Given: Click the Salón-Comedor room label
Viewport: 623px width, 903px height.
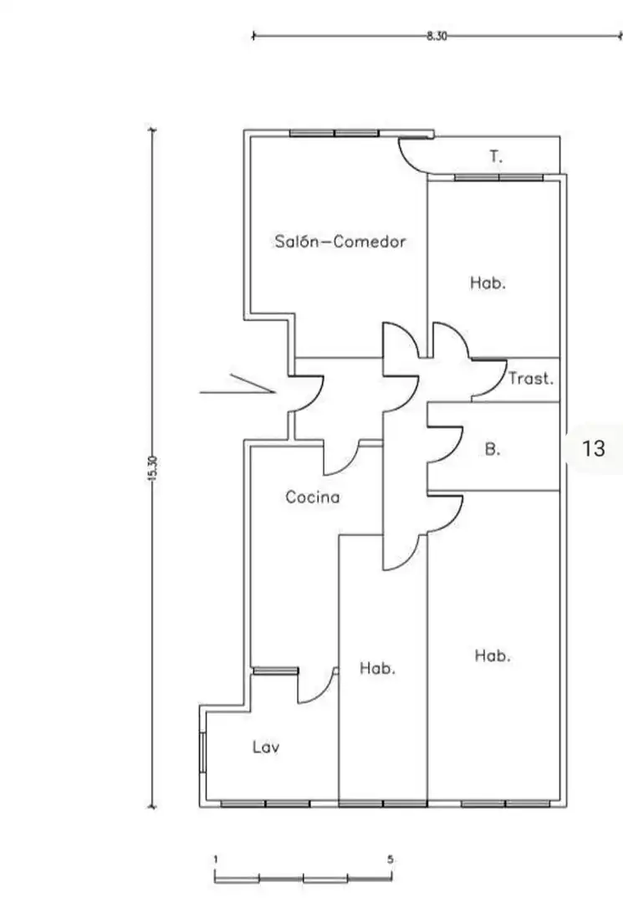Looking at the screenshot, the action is [x=340, y=242].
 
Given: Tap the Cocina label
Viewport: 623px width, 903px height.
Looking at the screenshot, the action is [x=313, y=497].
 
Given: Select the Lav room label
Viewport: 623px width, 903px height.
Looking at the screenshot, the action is [x=266, y=747].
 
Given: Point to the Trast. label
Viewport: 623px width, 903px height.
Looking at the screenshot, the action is [x=531, y=379].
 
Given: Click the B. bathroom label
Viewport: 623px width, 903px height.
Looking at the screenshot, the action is [x=493, y=449].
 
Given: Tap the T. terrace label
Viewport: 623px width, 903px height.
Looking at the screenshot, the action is [x=496, y=156].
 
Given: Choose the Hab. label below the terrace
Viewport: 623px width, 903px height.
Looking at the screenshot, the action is [x=488, y=283].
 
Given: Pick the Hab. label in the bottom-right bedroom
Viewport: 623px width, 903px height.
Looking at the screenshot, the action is [x=493, y=656].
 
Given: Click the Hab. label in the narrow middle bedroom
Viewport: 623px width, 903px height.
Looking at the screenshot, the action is [x=377, y=668].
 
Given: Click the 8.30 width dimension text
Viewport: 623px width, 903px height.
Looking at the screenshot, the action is [x=437, y=36].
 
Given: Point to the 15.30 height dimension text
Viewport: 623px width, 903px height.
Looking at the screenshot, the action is [x=152, y=467].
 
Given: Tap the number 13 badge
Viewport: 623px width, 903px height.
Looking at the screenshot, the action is [x=594, y=448].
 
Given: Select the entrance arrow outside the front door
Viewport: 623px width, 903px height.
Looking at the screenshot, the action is [x=237, y=385].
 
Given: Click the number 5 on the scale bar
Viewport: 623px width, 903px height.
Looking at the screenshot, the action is [x=391, y=860].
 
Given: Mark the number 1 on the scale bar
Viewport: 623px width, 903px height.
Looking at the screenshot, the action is [x=216, y=860].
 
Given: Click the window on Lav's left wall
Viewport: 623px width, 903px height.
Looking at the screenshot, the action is [x=202, y=752].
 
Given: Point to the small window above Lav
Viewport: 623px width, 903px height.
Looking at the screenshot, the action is [x=276, y=671].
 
